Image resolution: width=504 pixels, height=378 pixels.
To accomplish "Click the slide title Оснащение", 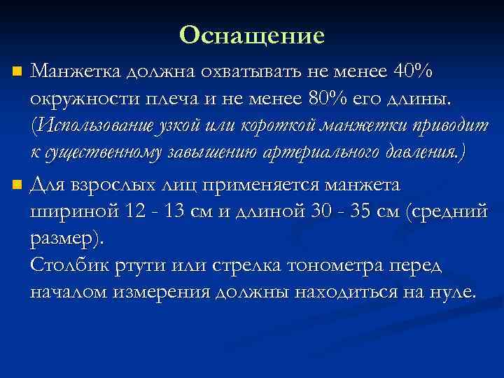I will click(x=252, y=35).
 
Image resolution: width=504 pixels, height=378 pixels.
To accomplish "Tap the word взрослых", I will click(x=103, y=185).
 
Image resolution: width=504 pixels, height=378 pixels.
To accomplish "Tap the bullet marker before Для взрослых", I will click(x=17, y=186).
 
